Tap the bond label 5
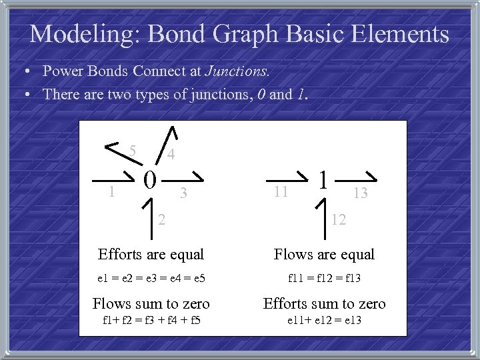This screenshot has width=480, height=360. pyautogui.click(x=133, y=150)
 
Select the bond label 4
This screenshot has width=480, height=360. pyautogui.click(x=171, y=155)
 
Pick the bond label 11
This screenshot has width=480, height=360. pyautogui.click(x=281, y=192)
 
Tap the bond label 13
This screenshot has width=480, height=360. pyautogui.click(x=360, y=193)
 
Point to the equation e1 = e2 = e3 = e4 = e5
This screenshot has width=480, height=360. pyautogui.click(x=152, y=278)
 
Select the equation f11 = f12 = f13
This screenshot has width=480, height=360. pyautogui.click(x=325, y=278)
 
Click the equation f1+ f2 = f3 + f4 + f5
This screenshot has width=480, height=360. pyautogui.click(x=152, y=321)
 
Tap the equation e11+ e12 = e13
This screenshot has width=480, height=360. pyautogui.click(x=325, y=321)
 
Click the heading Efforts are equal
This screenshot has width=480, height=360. pyautogui.click(x=151, y=254)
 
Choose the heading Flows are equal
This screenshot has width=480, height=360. pyautogui.click(x=325, y=254)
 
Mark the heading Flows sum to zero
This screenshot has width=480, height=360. pyautogui.click(x=151, y=304)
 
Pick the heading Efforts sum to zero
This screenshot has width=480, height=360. pyautogui.click(x=325, y=304)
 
